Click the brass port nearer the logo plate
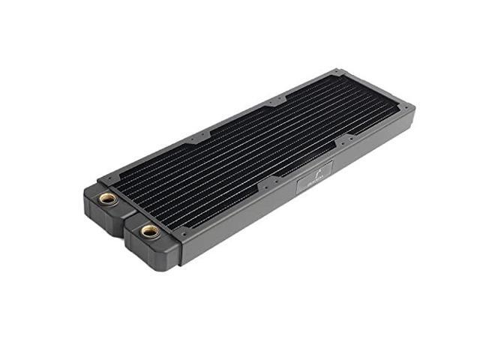[x=150, y=231]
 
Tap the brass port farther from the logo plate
[x=108, y=198]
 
